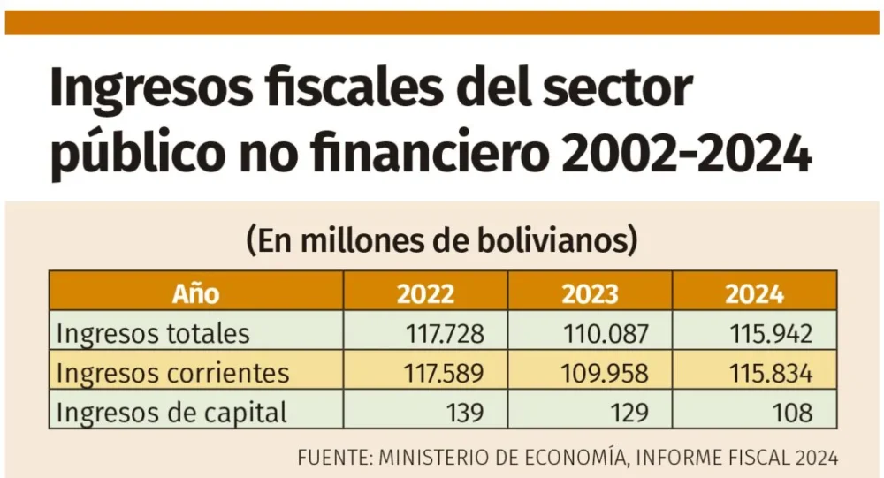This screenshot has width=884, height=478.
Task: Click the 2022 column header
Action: [x=426, y=293]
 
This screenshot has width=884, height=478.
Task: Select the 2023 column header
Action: [x=591, y=293]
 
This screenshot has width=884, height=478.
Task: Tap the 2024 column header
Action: [x=754, y=293]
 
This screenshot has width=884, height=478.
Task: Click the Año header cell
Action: [x=196, y=293]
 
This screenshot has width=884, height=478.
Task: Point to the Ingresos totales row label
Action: [x=153, y=334]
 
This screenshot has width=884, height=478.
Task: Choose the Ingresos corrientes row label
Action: [x=172, y=373]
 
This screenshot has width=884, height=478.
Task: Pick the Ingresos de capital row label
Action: [x=171, y=412]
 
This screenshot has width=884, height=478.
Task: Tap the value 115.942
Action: [x=772, y=334]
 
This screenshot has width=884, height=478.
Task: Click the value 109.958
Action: [x=609, y=373]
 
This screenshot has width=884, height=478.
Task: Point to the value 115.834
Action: [x=772, y=373]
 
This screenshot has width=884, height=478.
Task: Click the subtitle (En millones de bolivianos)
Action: [x=442, y=240]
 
